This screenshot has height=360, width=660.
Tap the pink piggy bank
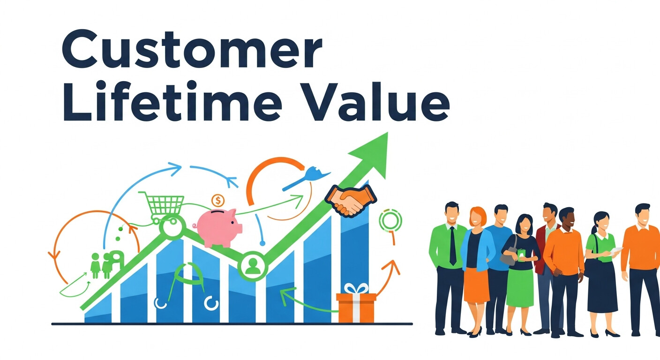coord(218,227)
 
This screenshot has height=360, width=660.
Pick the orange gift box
coord(356,307)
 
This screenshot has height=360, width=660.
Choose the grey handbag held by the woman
coord(508,256)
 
